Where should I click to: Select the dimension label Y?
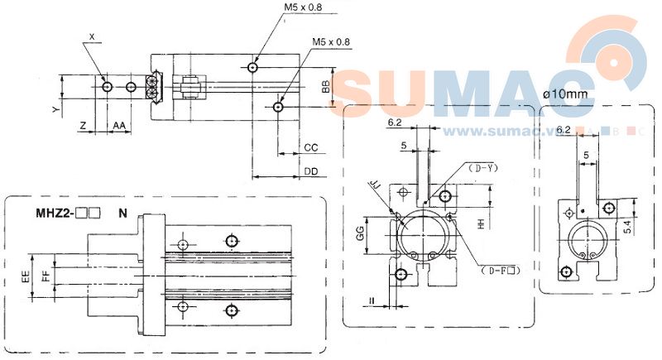pyautogui.click(x=55, y=108)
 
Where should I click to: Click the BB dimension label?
pyautogui.click(x=326, y=86)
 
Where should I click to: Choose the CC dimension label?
pyautogui.click(x=311, y=147)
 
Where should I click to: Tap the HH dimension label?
pyautogui.click(x=482, y=224)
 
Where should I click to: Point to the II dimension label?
pyautogui.click(x=374, y=301)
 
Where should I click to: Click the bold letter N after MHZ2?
pyautogui.click(x=122, y=213)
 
